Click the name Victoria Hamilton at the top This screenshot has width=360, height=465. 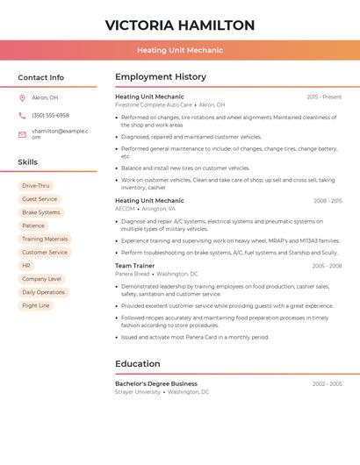(180, 25)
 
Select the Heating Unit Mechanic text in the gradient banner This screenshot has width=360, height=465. (180, 50)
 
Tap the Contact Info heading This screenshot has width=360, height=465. (41, 77)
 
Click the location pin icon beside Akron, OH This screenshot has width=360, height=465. (22, 98)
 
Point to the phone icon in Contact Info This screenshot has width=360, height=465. (22, 116)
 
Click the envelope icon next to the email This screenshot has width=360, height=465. (22, 134)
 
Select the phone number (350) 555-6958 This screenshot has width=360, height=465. (50, 116)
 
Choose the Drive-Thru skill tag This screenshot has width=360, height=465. (36, 186)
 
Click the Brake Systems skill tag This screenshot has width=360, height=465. (41, 212)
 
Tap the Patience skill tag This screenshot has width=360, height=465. (33, 225)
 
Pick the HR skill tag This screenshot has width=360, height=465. (26, 265)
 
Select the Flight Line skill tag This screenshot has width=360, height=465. (36, 305)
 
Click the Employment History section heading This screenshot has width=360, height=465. (161, 77)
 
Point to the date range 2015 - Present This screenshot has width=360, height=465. (324, 97)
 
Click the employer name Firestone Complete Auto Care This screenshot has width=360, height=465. (154, 104)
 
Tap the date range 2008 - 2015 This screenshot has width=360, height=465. (328, 201)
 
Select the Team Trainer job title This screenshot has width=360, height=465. (134, 265)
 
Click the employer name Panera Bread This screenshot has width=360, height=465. (132, 274)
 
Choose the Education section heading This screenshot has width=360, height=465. (138, 364)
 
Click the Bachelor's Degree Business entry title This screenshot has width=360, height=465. (156, 383)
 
